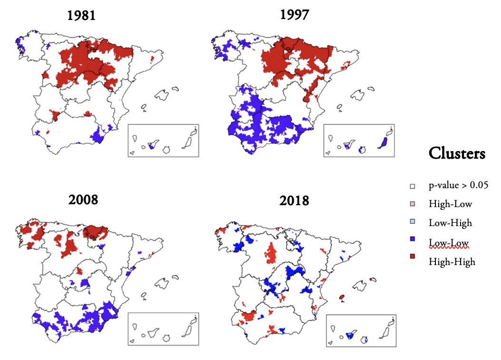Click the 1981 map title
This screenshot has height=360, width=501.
pos(82,16)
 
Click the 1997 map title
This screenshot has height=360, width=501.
pos(295,15)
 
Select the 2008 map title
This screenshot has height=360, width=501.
pos(83,199)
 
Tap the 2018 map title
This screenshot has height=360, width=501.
pos(295,200)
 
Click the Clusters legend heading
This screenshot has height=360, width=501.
pos(457,153)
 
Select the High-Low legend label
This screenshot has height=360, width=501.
pos(450,204)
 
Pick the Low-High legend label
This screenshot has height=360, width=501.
pos(450,223)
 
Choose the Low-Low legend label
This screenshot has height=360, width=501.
pos(448,243)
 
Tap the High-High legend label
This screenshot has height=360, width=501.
pos(452,262)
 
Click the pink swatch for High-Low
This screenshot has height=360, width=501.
pos(413,204)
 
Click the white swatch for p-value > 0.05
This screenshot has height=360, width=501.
pos(413,186)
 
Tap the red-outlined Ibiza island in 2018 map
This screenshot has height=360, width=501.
pos(342,297)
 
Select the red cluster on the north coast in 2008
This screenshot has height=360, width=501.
pos(95,232)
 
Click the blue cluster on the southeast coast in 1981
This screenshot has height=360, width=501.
pos(98,135)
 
